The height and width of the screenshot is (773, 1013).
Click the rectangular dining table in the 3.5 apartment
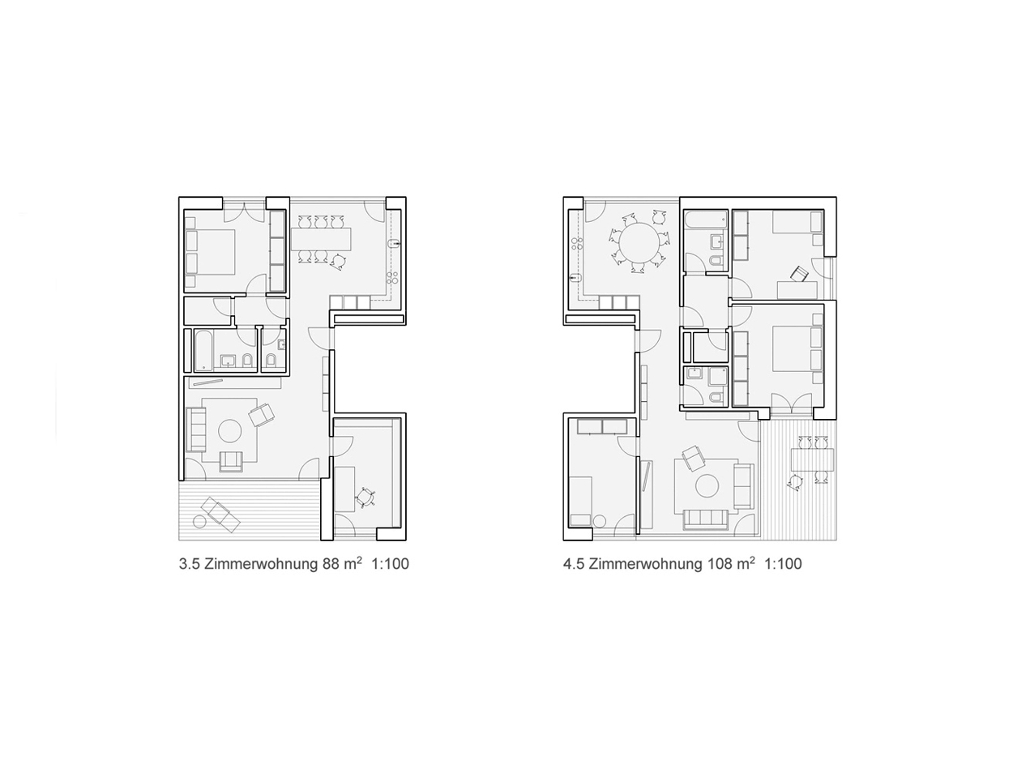click(x=321, y=239)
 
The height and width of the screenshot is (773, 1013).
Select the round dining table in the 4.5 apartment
click(x=639, y=242)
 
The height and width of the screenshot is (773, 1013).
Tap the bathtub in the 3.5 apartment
click(x=203, y=350)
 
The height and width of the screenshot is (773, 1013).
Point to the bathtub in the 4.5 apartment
click(x=705, y=220)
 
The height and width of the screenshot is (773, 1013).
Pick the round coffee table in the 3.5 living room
click(x=229, y=430)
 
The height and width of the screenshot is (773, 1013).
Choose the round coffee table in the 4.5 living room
click(x=707, y=485)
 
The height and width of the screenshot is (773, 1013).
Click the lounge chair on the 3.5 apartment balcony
click(x=220, y=514)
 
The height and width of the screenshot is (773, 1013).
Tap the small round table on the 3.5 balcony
click(x=200, y=522)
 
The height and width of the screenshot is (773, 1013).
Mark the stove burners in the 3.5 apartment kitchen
click(x=393, y=277)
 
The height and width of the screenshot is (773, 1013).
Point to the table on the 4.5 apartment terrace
click(x=812, y=459)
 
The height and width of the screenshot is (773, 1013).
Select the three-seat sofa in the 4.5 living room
click(x=706, y=519)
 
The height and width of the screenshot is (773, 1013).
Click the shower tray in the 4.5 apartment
click(x=718, y=376)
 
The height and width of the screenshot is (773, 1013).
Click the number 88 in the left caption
click(x=331, y=564)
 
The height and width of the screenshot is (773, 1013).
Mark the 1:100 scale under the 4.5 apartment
click(x=783, y=564)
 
